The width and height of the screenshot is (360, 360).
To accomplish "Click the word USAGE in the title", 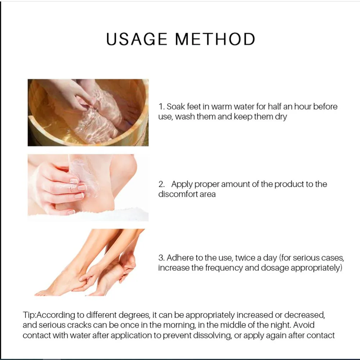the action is coord(136,39).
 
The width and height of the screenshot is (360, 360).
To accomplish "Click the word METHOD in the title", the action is coord(215,39).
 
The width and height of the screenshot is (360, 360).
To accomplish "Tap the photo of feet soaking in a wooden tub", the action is coord(88,112).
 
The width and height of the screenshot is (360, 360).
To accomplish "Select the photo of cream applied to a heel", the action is coord(88,188).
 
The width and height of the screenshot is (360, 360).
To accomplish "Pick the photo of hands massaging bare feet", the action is coord(90,262).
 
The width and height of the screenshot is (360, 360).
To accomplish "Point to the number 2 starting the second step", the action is coord(162,184).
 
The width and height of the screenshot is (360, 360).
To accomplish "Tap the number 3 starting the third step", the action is coord(162,258).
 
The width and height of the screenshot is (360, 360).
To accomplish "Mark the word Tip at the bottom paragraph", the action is coord(28,315).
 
